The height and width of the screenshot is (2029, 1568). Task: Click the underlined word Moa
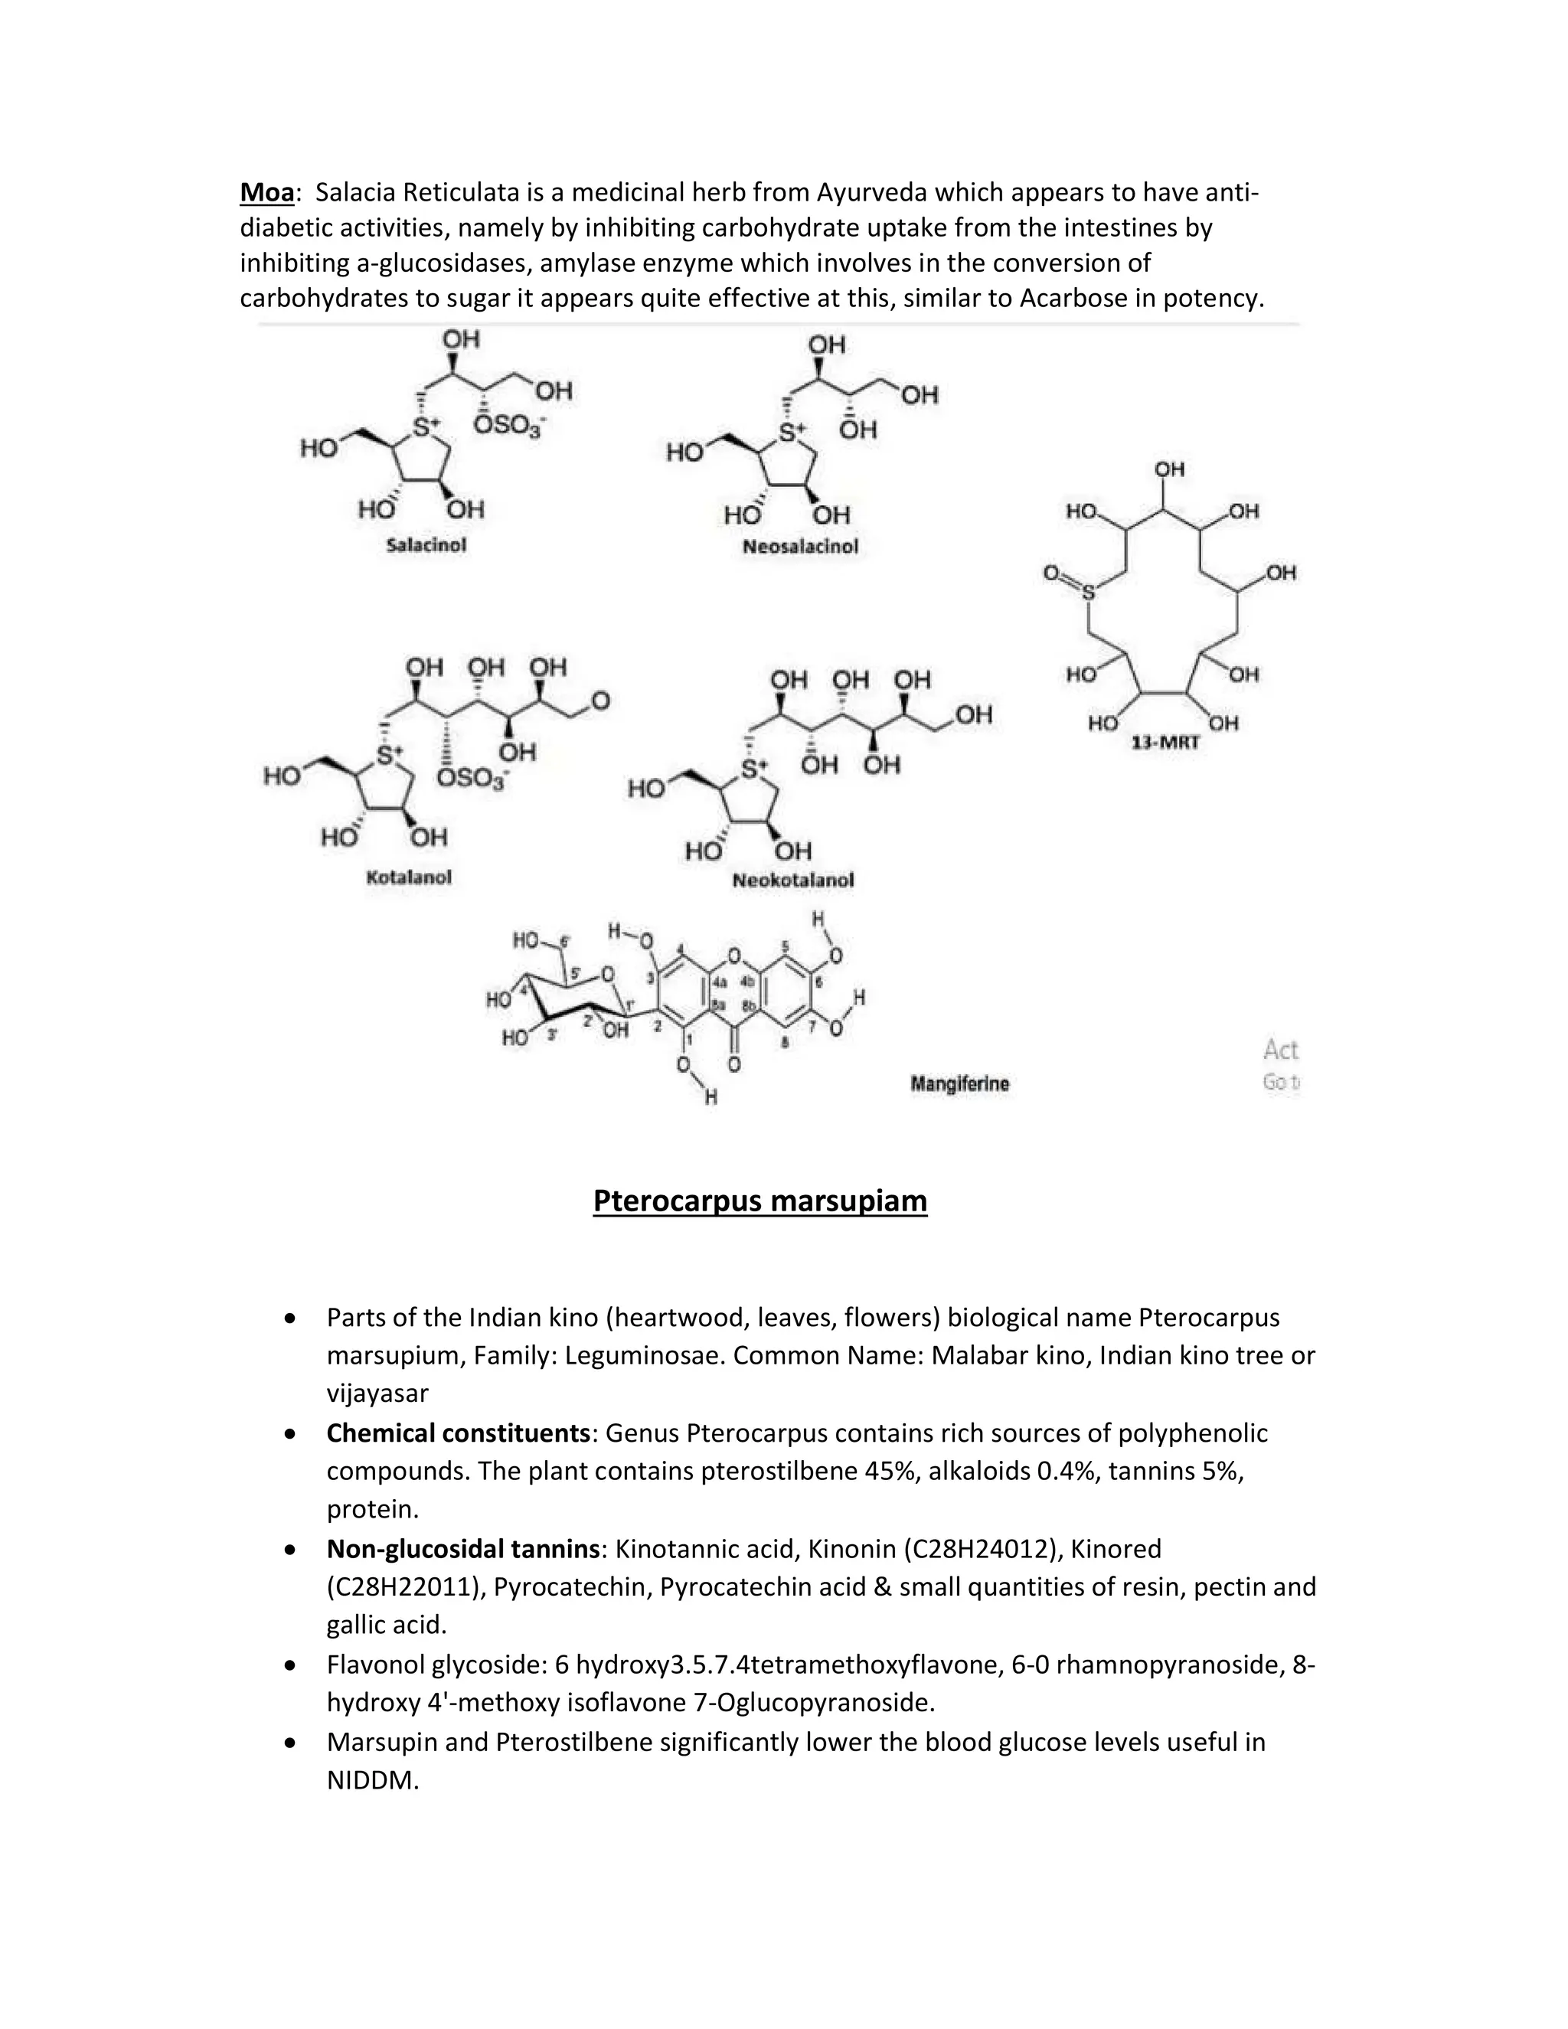click(x=266, y=192)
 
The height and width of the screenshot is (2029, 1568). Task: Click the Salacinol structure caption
click(x=426, y=545)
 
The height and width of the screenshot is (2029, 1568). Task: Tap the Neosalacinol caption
click(x=800, y=547)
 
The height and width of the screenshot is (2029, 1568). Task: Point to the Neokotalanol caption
click(x=792, y=881)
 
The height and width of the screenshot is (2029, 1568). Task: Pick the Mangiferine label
click(x=959, y=1083)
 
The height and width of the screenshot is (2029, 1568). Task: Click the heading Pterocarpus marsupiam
click(x=759, y=1201)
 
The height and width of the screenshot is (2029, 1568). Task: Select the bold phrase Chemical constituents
click(x=458, y=1433)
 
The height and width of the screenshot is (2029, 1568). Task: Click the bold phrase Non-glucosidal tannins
click(x=462, y=1549)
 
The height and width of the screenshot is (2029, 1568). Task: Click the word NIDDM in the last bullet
click(x=373, y=1781)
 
